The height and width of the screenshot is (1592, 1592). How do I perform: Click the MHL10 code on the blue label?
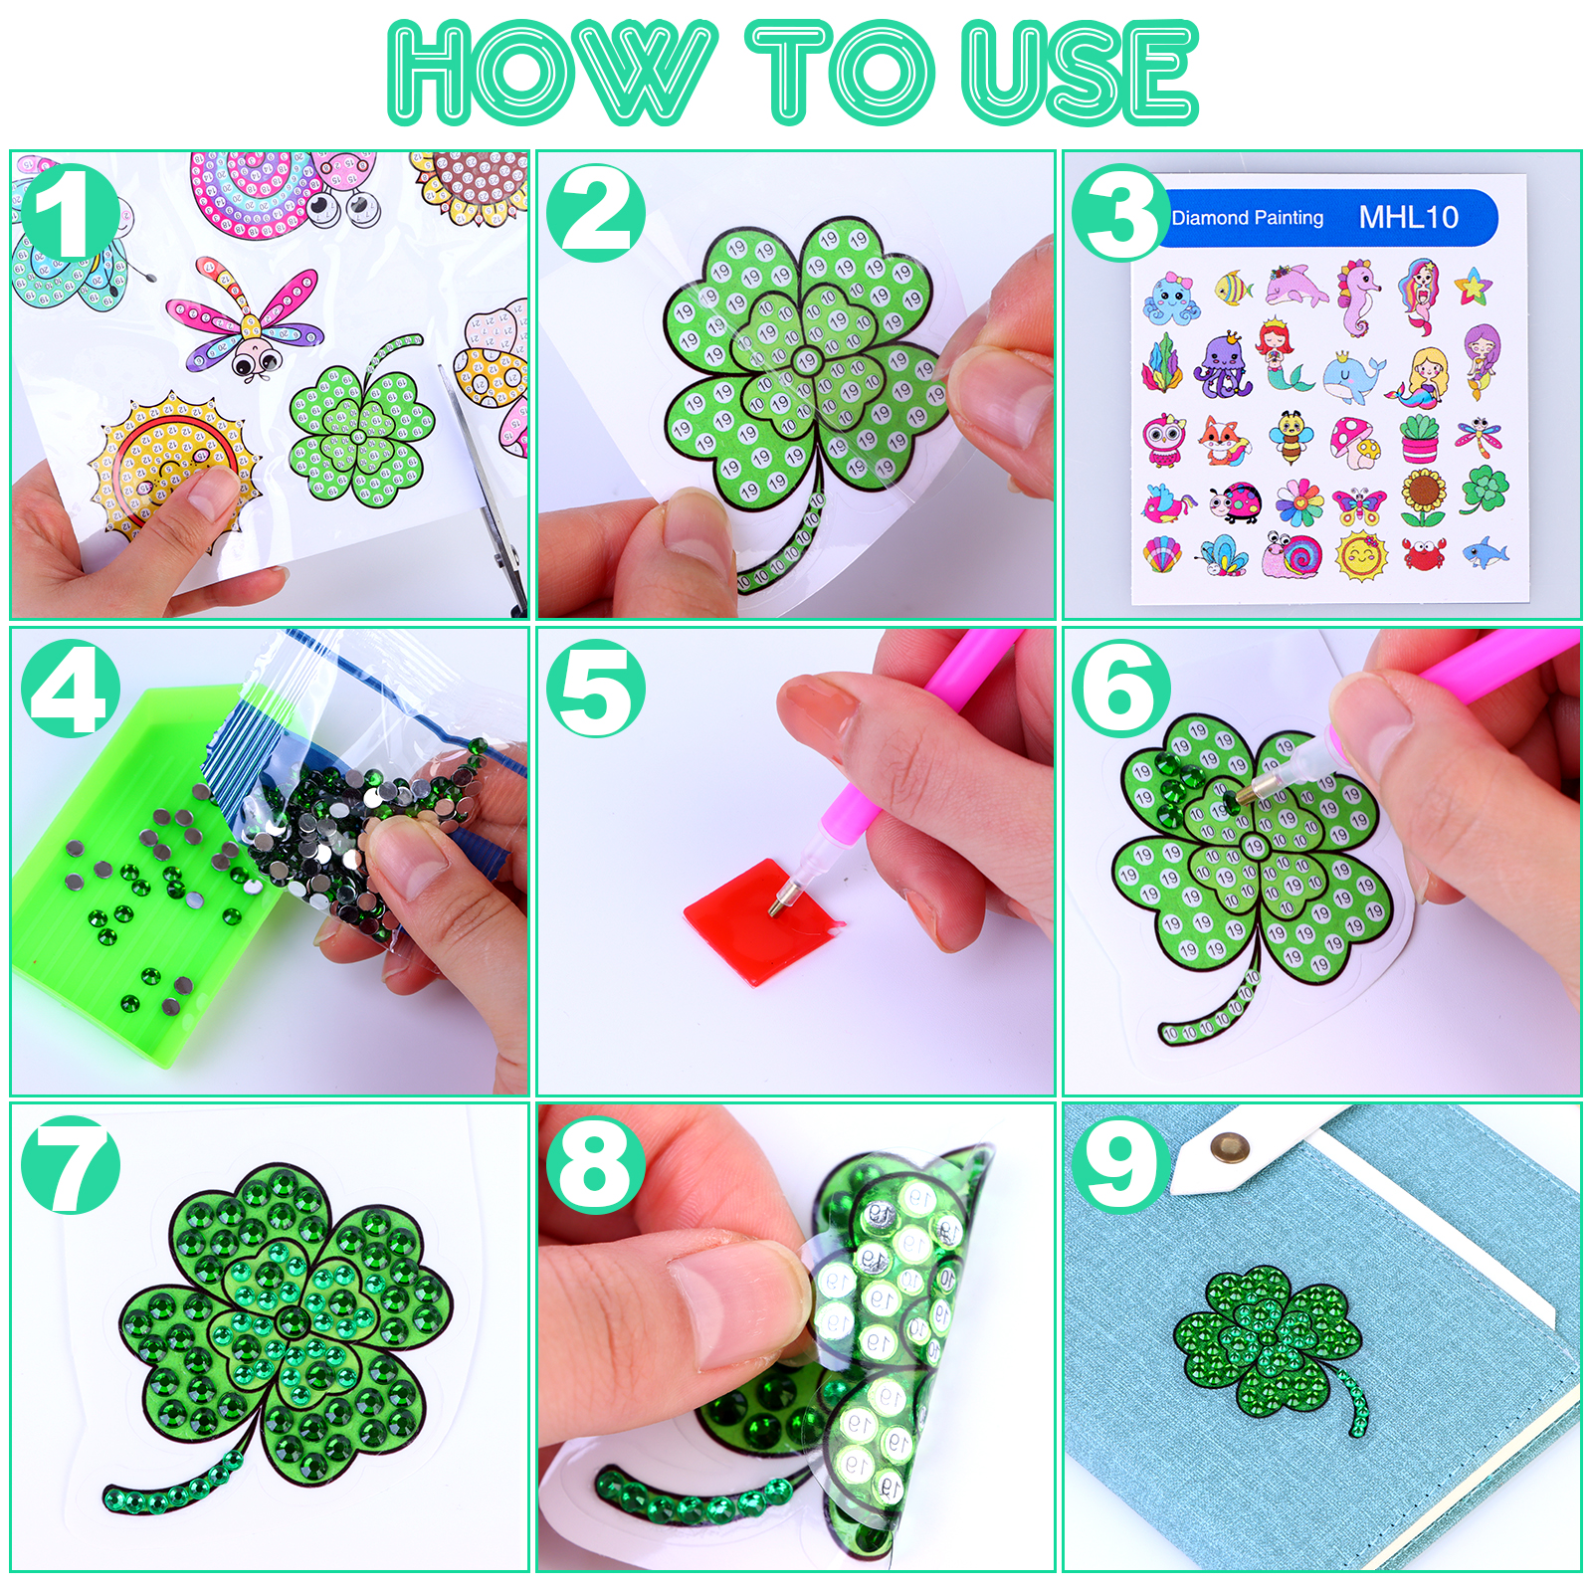[x=1408, y=217]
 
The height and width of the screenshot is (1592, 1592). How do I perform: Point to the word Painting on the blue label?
[x=1289, y=218]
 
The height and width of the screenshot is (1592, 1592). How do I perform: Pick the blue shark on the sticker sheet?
[x=1486, y=553]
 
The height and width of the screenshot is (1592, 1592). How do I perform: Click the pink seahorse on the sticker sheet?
[x=1358, y=296]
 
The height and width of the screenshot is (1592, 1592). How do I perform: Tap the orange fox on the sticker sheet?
[x=1224, y=441]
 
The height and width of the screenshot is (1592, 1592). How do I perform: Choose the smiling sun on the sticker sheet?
[x=1360, y=555]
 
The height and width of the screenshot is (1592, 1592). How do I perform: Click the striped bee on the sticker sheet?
[x=1291, y=439]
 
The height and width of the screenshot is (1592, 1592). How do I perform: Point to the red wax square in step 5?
[x=764, y=920]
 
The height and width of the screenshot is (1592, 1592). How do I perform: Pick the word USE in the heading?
[x=1081, y=73]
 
